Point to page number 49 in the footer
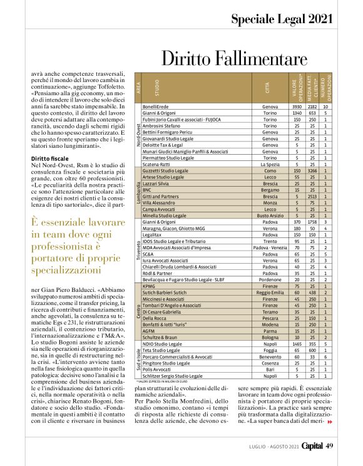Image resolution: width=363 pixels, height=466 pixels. click(332, 445)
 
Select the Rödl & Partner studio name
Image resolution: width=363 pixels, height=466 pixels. click(160, 272)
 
